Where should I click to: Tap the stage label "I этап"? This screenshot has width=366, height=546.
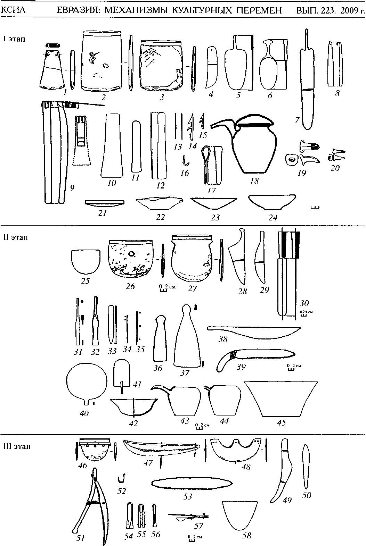click(14, 39)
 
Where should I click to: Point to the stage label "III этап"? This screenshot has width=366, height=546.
click(17, 446)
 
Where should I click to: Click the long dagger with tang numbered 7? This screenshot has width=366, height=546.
click(306, 87)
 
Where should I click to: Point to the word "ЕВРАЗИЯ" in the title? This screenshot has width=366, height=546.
click(78, 11)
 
